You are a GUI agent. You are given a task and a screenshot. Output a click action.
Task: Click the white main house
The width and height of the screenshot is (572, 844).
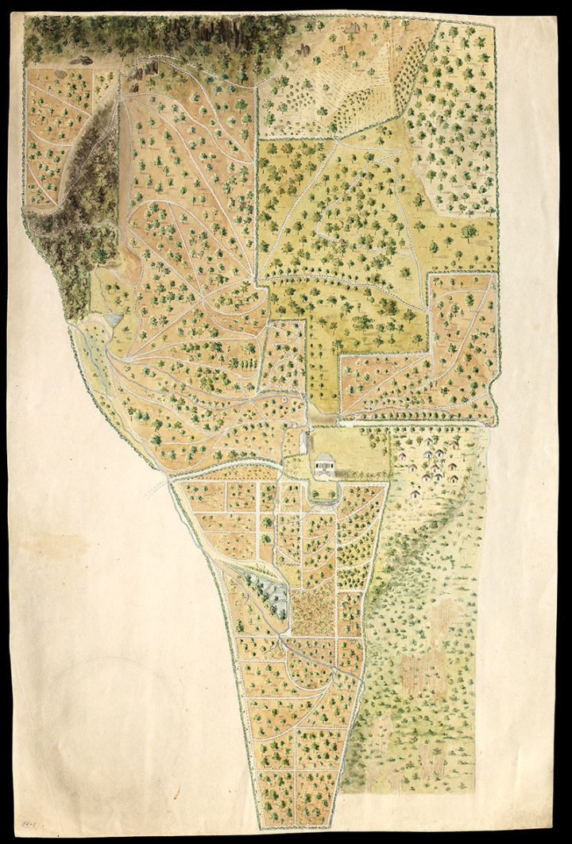pyautogui.click(x=325, y=464)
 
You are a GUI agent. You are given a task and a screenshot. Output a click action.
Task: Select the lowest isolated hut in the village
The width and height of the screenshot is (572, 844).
pyautogui.click(x=415, y=493)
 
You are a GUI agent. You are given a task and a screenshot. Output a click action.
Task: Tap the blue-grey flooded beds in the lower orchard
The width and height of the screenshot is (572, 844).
pyautogui.click(x=271, y=592)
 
